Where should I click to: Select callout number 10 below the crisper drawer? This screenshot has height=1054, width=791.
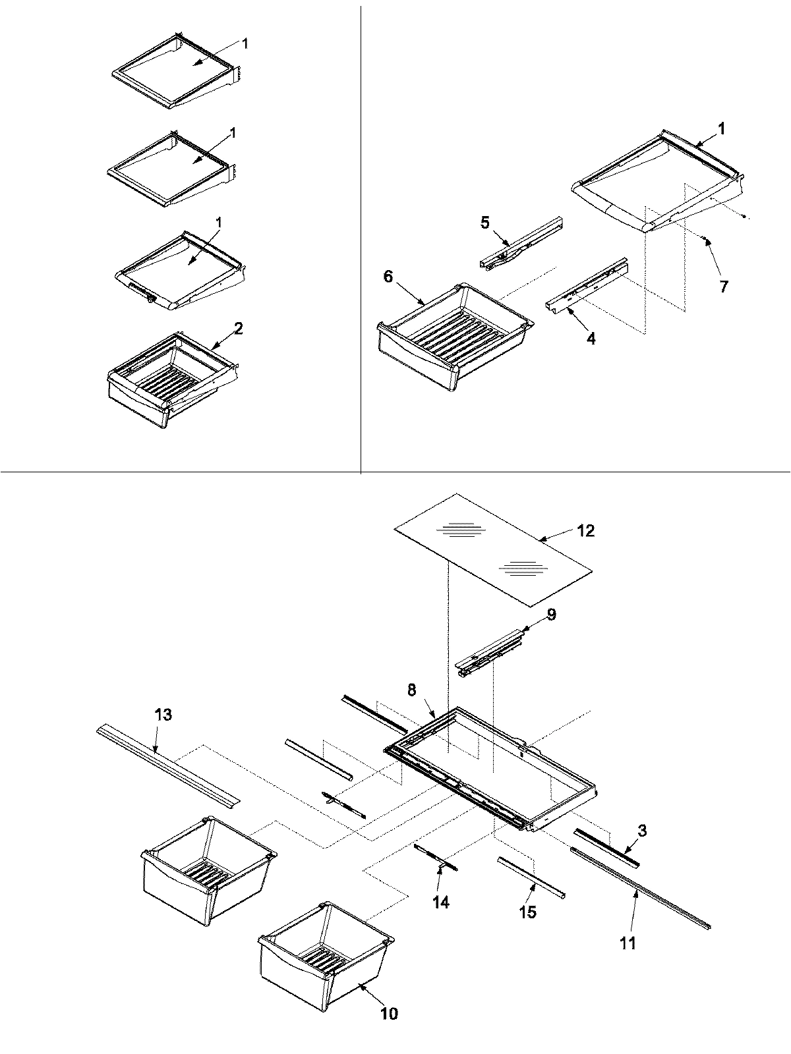(389, 1013)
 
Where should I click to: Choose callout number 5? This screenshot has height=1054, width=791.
(484, 222)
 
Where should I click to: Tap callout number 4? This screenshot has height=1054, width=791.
(591, 339)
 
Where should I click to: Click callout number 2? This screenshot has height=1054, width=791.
(239, 328)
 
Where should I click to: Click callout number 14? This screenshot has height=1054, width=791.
(440, 902)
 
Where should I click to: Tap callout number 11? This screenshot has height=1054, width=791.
(628, 943)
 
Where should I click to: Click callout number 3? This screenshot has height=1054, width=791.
(642, 831)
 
